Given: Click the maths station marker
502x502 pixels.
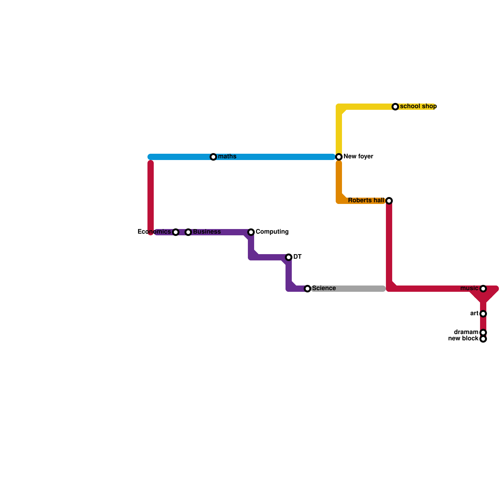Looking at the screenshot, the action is (213, 157).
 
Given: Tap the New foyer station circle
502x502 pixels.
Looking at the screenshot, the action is (339, 157).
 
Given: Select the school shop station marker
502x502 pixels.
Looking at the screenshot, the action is (395, 107).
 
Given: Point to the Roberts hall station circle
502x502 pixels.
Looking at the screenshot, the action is (389, 201).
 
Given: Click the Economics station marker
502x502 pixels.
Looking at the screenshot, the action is (176, 232).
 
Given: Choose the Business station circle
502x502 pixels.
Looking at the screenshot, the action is (188, 232).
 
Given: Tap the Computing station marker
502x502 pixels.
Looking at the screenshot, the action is (251, 232).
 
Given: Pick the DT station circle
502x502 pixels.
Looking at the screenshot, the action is (289, 257).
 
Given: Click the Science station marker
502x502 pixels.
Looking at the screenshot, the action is (307, 289).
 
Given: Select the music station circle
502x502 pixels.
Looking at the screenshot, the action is (483, 289).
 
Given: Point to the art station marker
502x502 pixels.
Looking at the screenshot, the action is (483, 314).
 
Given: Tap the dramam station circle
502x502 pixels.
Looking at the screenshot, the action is (483, 333).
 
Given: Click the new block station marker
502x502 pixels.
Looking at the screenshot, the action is (483, 339).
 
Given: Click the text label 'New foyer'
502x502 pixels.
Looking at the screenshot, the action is (358, 157).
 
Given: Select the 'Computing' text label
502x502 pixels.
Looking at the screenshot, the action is (272, 232).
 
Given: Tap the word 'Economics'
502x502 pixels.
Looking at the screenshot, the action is (154, 232).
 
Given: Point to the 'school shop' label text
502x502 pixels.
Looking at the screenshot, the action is (418, 106).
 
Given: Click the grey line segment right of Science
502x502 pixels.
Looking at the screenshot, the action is (348, 289).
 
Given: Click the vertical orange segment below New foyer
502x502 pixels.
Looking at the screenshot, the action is (339, 180).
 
